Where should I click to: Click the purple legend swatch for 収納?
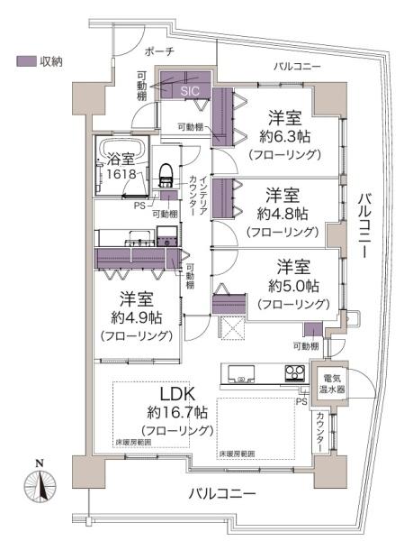(24, 61)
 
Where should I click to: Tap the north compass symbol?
(40, 489)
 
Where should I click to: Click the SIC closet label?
(190, 90)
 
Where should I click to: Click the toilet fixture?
(166, 173)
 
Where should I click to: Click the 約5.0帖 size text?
(292, 286)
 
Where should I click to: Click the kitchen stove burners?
(295, 372)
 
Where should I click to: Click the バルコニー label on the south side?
(222, 494)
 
